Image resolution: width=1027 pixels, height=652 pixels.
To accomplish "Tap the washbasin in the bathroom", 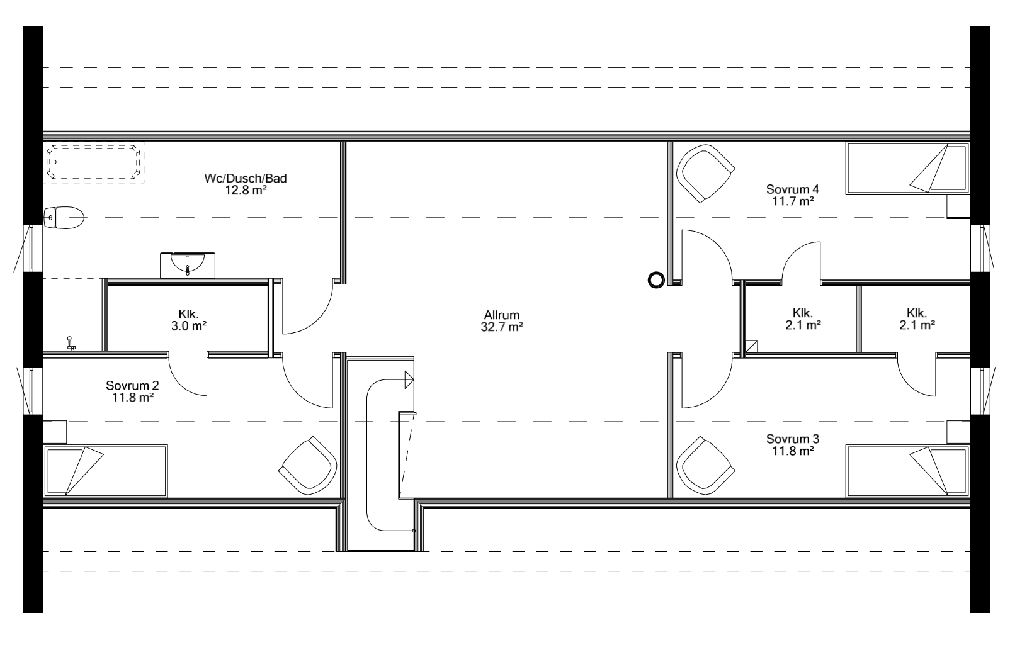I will (188, 264).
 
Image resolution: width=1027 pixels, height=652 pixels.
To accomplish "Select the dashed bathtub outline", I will (94, 162).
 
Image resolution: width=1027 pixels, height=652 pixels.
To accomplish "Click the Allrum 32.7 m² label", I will (502, 320).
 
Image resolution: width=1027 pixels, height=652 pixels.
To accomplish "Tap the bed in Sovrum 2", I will (105, 470).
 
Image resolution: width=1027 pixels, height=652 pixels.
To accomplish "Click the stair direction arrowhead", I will (409, 379).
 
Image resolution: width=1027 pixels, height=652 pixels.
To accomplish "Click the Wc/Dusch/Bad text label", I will (246, 178).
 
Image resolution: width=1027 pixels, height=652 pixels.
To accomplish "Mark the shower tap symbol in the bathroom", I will (71, 343).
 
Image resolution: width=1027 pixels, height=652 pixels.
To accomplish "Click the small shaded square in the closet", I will (751, 346).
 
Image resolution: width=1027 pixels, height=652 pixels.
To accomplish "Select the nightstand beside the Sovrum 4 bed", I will (958, 207).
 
